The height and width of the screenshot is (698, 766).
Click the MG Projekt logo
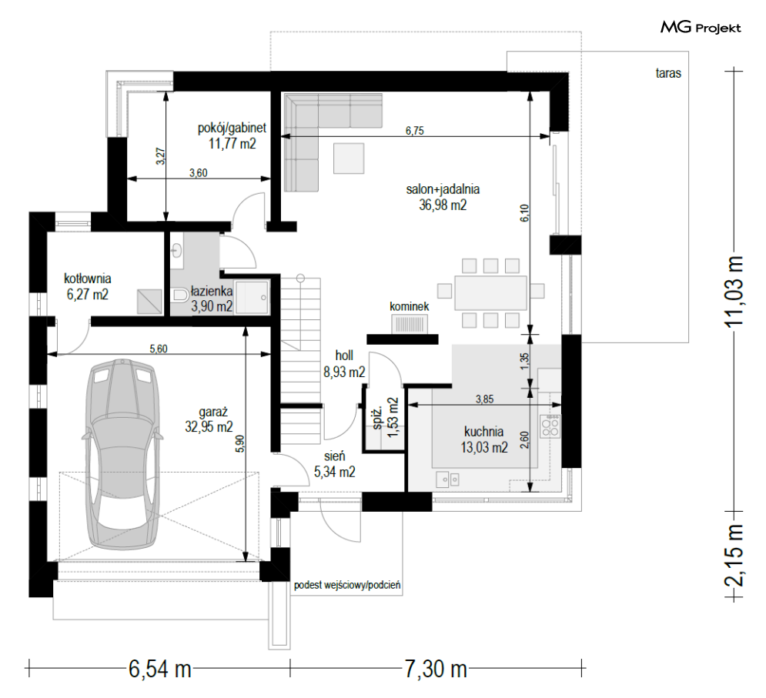click(701, 28)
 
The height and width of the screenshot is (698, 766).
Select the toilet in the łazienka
click(181, 295)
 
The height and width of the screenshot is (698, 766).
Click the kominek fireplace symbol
click(410, 324)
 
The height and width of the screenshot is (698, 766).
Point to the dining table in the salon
click(490, 292)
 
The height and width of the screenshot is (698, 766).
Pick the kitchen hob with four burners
click(550, 426)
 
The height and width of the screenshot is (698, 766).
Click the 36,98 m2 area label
click(443, 205)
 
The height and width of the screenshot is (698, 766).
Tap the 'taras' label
click(668, 73)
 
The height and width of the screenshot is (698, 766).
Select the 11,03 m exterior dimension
click(734, 291)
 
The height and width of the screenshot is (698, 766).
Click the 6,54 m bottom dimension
click(160, 668)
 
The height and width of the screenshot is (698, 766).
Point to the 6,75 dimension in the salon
click(415, 130)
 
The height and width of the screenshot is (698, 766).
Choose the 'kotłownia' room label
click(88, 279)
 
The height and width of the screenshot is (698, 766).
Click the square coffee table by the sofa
click(349, 159)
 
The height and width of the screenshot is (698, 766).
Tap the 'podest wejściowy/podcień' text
click(347, 585)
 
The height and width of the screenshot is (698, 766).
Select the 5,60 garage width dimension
click(159, 349)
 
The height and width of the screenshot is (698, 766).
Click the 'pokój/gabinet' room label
click(232, 128)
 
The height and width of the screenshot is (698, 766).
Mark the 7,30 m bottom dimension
click(436, 668)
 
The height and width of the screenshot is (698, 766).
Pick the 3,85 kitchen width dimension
click(484, 399)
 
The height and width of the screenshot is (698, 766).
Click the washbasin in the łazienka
click(176, 250)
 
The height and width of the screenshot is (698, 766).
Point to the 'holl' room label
click(344, 356)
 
